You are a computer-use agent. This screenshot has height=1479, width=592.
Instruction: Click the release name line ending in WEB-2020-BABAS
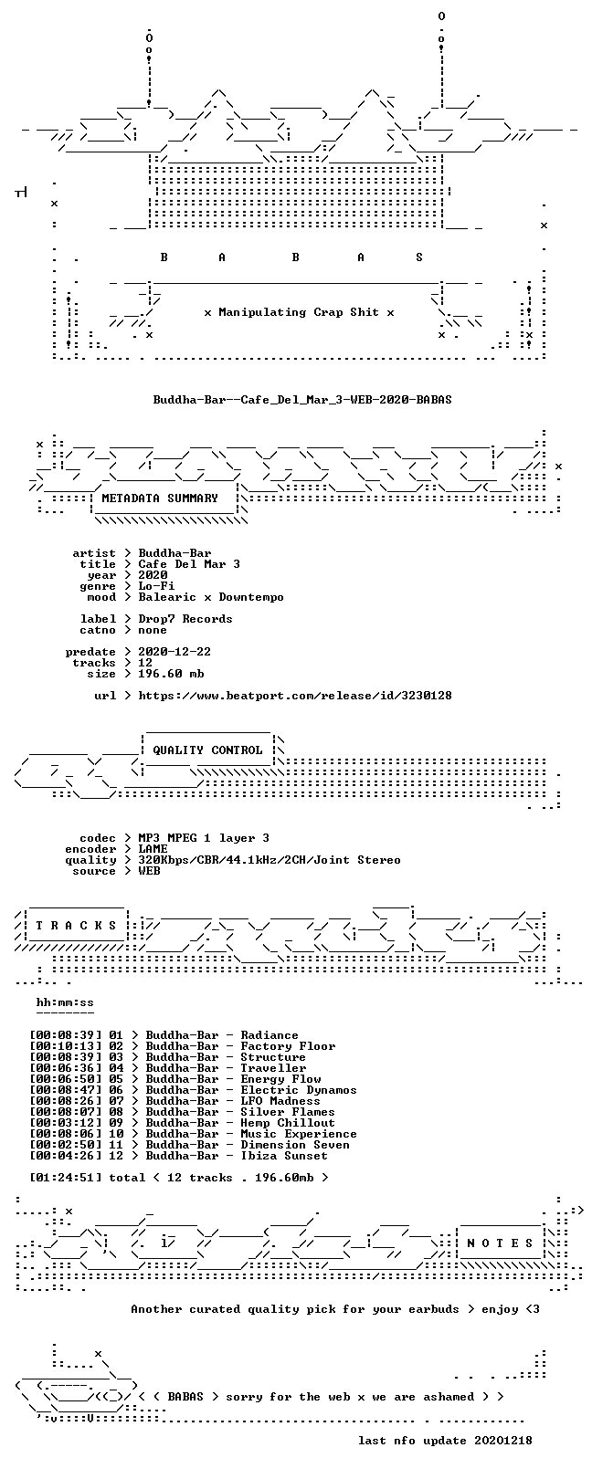coord(302,400)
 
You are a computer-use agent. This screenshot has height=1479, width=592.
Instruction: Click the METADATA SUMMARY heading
coord(160,498)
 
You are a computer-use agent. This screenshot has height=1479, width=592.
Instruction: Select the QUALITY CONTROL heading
coord(207,750)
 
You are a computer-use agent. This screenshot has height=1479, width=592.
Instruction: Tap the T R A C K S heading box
coord(76,926)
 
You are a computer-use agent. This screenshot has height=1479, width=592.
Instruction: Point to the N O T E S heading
coord(500,1243)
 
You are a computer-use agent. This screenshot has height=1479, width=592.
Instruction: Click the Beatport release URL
coord(295,696)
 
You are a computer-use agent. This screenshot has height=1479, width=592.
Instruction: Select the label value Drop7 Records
coord(185,619)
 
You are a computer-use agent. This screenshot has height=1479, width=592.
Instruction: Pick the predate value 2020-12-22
coord(174,652)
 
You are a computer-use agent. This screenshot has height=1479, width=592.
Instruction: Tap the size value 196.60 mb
coord(171,674)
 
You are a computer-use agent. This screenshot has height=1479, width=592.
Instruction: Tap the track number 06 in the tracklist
coord(116,1090)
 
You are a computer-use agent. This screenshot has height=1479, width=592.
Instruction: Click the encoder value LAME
coord(153,849)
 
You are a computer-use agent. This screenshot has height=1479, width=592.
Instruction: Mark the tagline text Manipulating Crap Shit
coord(299,312)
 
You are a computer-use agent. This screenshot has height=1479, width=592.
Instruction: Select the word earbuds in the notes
coord(434,1309)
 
